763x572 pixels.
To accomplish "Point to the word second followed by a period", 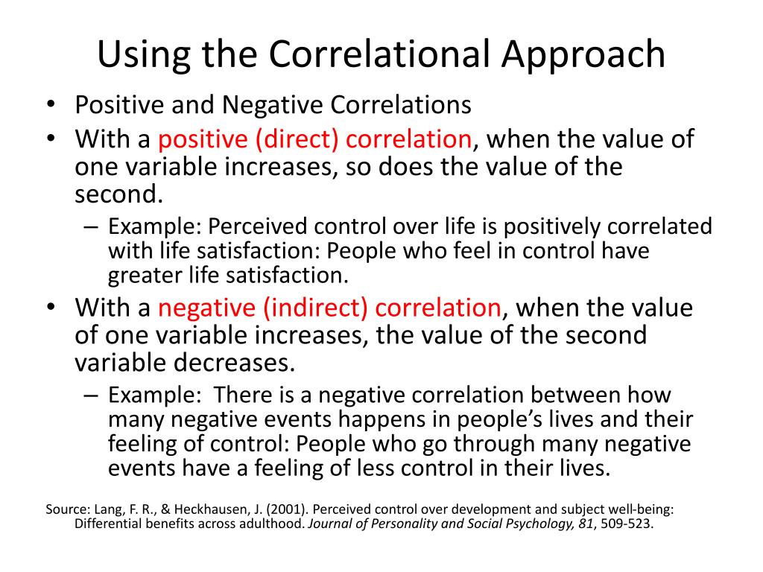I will tap(117, 194).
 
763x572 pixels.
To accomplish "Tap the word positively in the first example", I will tap(569, 226).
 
